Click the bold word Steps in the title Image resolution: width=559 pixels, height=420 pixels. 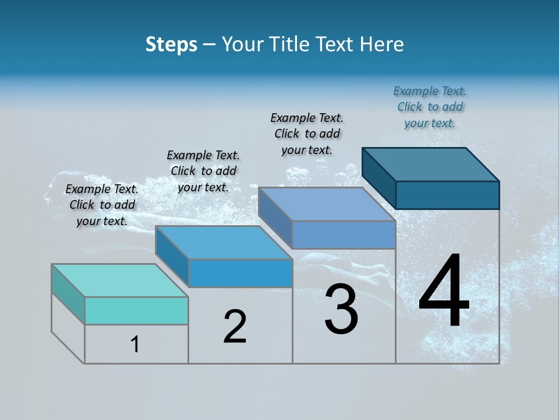(x=171, y=44)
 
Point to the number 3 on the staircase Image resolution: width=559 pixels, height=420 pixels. (x=341, y=309)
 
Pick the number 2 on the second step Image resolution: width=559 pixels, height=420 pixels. (x=235, y=327)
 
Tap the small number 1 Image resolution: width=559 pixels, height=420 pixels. (x=135, y=345)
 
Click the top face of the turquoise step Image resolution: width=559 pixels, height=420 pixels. (x=119, y=281)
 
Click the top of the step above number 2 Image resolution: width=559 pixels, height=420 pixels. (x=224, y=243)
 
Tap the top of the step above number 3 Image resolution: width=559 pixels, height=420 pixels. (x=327, y=204)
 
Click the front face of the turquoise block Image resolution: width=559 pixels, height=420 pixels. (x=136, y=310)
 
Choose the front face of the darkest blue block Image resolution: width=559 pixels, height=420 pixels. (x=447, y=195)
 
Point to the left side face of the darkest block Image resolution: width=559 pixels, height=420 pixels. (x=378, y=177)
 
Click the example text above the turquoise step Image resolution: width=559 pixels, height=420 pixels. (x=102, y=205)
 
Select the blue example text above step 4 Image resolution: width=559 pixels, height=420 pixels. (x=430, y=107)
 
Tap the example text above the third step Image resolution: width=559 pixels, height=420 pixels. (x=307, y=134)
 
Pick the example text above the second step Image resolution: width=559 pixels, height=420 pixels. (x=203, y=171)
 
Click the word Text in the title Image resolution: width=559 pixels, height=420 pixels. (x=336, y=44)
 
